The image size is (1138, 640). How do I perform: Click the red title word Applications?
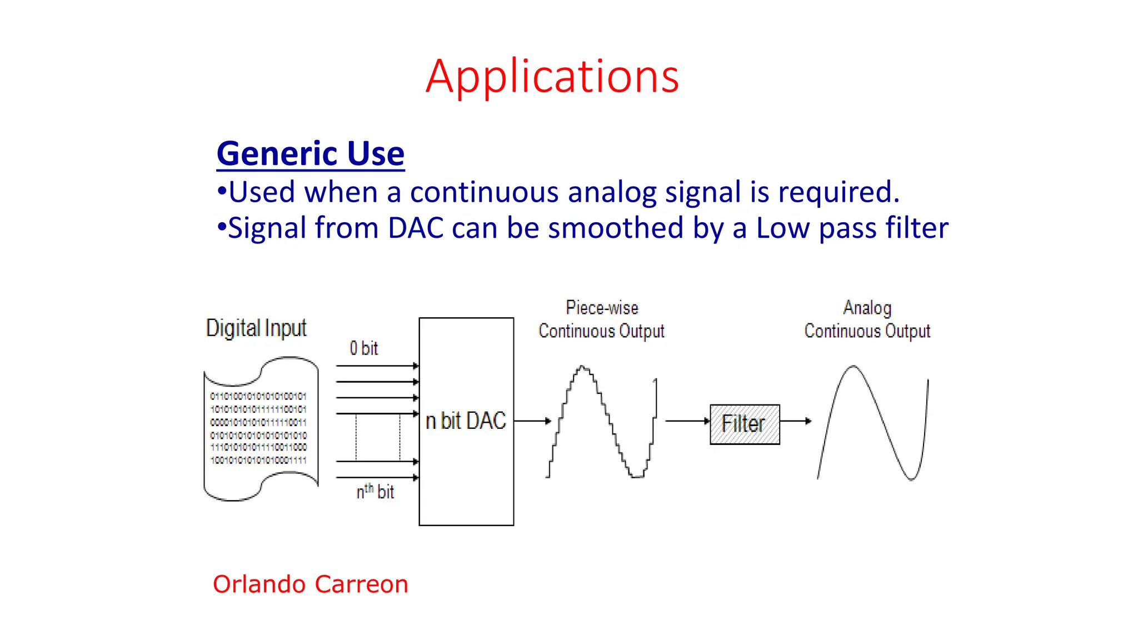pos(552,76)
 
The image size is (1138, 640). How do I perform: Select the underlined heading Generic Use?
pos(310,154)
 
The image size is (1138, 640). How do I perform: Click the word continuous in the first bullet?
pos(484,192)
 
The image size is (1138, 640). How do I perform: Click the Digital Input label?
pos(256,328)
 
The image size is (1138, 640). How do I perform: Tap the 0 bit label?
pos(363,348)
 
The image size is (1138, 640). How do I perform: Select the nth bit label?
pos(375,492)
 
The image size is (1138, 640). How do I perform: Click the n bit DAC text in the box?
pos(466,421)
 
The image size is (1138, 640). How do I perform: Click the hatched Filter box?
pos(745,424)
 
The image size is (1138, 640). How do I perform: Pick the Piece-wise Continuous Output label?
pos(601,319)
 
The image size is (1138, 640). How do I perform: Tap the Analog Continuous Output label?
pos(867,319)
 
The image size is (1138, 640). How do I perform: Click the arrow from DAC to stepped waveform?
pos(532,421)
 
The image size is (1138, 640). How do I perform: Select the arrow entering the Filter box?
pos(687,421)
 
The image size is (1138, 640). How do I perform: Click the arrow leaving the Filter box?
pos(795,421)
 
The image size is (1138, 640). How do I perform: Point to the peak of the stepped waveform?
pos(582,367)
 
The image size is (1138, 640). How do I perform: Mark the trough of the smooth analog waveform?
pos(911,478)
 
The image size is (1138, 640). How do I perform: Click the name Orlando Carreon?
pos(310,584)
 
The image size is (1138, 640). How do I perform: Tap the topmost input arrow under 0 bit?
pos(377,366)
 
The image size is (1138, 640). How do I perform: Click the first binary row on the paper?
pos(258,396)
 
